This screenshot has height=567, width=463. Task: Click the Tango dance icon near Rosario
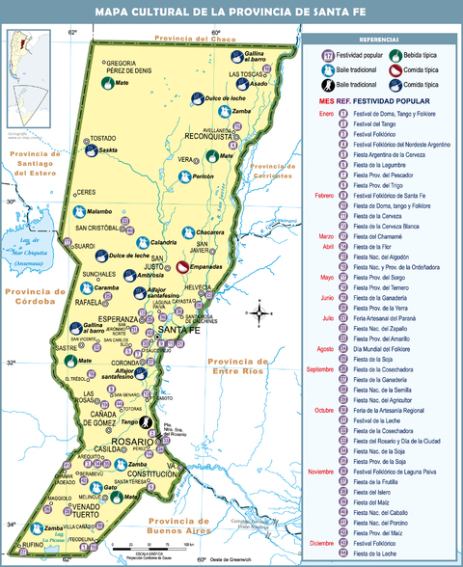point(149,421)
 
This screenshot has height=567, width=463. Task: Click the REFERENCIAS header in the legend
point(381,39)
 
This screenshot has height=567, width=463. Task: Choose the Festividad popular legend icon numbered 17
point(328,55)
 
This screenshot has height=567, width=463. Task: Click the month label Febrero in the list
point(325,196)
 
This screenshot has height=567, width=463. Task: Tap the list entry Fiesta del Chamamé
point(380,236)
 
